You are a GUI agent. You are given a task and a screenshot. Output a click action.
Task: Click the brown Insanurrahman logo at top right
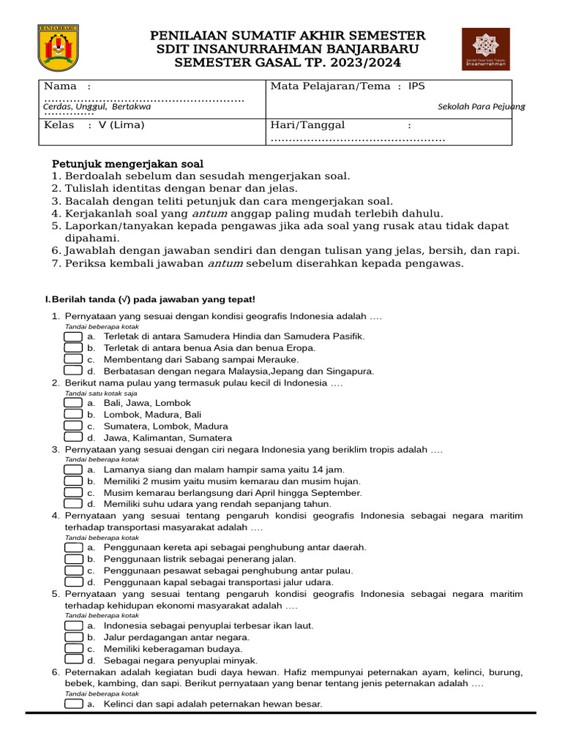(486, 50)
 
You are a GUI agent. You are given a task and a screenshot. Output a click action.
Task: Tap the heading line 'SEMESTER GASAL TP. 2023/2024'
(288, 64)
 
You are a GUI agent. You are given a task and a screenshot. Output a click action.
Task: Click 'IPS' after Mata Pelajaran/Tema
(416, 86)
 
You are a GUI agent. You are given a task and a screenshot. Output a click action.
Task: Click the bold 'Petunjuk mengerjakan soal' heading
(127, 163)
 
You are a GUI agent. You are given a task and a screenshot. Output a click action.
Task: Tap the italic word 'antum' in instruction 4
(209, 214)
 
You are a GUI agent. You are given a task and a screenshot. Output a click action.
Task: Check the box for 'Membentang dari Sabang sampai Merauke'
(72, 359)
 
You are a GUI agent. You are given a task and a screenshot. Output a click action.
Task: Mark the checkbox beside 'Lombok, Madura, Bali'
(72, 414)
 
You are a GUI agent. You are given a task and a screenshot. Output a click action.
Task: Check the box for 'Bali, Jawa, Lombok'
(72, 402)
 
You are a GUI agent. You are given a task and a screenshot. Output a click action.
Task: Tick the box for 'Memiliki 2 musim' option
(72, 481)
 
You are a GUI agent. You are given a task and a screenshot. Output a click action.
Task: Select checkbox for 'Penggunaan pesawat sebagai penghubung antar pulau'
(72, 570)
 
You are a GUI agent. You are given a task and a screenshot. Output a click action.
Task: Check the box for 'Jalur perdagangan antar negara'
(72, 636)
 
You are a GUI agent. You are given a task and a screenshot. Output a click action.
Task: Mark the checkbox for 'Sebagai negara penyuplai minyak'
(72, 660)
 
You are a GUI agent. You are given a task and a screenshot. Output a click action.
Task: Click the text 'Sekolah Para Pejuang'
(481, 107)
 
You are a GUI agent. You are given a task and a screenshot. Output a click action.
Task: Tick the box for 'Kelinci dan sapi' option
(72, 704)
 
